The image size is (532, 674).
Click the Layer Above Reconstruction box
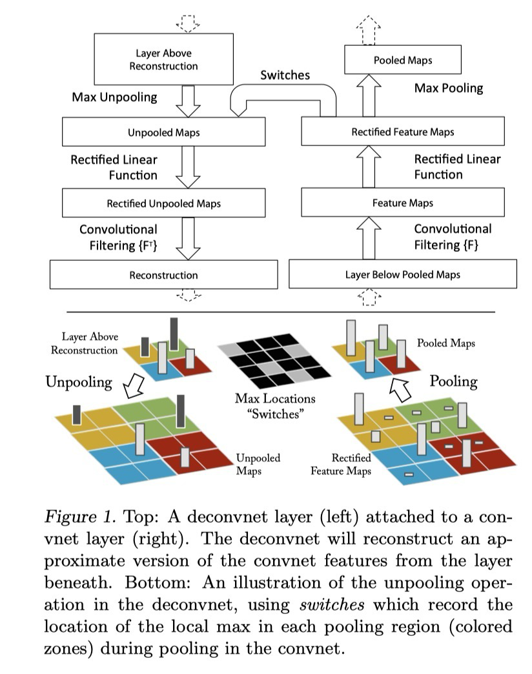pyautogui.click(x=163, y=59)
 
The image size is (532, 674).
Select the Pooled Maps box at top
pyautogui.click(x=402, y=61)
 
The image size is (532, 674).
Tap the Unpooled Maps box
pyautogui.click(x=163, y=133)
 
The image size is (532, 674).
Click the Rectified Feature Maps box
pyautogui.click(x=402, y=132)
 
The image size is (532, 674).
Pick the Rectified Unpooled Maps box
pyautogui.click(x=163, y=203)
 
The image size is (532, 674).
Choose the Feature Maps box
pyautogui.click(x=402, y=203)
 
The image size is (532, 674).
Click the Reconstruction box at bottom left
pyautogui.click(x=163, y=275)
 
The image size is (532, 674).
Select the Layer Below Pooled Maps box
pyautogui.click(x=402, y=274)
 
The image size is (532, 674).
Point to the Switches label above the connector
pyautogui.click(x=285, y=75)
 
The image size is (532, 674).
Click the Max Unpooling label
pyautogui.click(x=114, y=97)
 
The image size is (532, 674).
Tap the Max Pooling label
pyautogui.click(x=448, y=87)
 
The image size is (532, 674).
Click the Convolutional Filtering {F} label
pyautogui.click(x=452, y=236)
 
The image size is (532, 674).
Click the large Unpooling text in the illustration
pyautogui.click(x=78, y=382)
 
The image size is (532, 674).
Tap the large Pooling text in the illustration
pyautogui.click(x=453, y=381)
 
